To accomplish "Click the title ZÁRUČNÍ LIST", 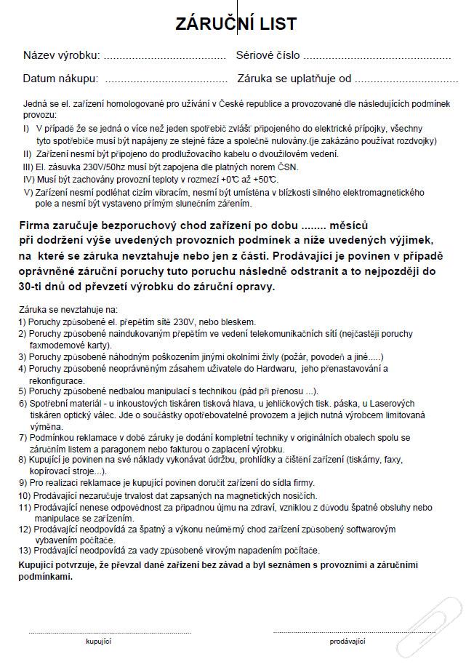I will click(x=236, y=24).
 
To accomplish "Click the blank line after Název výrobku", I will click(x=165, y=56).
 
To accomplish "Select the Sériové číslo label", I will click(x=268, y=55).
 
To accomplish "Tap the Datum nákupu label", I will click(x=60, y=79).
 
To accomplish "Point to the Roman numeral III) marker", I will click(x=28, y=167).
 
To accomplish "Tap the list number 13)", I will click(x=26, y=551).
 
